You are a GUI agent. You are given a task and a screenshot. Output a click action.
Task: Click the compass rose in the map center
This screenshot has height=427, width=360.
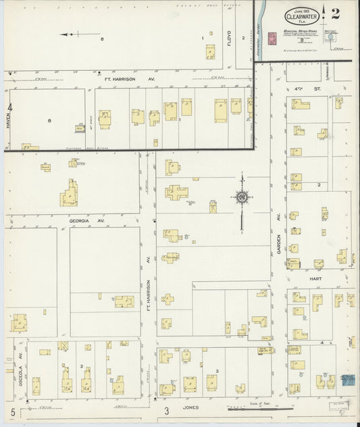[241, 197]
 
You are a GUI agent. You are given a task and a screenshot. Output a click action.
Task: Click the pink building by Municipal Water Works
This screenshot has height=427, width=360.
[273, 39]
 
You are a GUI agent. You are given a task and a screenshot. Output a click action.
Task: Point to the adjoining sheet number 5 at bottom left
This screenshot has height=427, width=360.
[12, 411]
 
